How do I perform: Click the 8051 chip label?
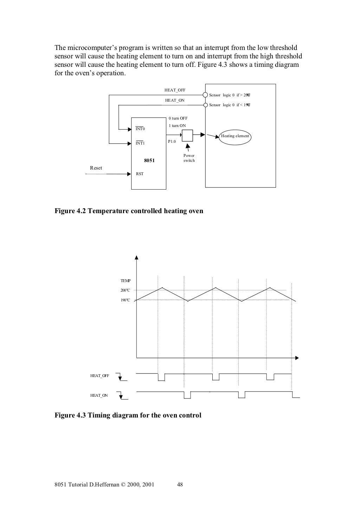149,160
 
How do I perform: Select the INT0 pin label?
140,129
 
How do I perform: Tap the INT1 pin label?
140,143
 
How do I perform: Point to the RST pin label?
140,174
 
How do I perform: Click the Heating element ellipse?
236,136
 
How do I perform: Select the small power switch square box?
187,135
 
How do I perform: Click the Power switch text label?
189,158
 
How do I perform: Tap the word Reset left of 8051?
96,168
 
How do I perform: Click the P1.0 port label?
172,141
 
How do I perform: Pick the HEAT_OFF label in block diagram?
175,90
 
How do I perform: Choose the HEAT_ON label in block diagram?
175,100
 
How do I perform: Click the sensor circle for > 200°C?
206,95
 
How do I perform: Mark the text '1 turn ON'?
177,126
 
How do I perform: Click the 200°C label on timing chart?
126,291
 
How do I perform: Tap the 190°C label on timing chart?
126,300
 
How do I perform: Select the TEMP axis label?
126,281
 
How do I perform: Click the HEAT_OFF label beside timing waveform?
99,376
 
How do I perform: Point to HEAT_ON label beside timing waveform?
99,395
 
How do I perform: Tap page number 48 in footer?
180,484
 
